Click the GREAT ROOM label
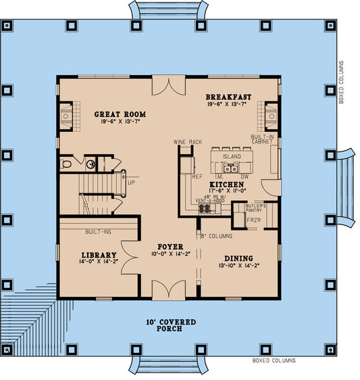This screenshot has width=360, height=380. pyautogui.click(x=120, y=114)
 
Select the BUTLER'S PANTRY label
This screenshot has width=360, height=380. pyautogui.click(x=255, y=208)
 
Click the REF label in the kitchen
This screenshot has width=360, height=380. pyautogui.click(x=197, y=176)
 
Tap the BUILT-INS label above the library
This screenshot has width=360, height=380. pyautogui.click(x=98, y=232)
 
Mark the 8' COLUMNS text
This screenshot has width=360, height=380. pyautogui.click(x=217, y=236)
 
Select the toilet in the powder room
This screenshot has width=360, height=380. pyautogui.click(x=67, y=164)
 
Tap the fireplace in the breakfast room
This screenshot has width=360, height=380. pyautogui.click(x=272, y=113)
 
